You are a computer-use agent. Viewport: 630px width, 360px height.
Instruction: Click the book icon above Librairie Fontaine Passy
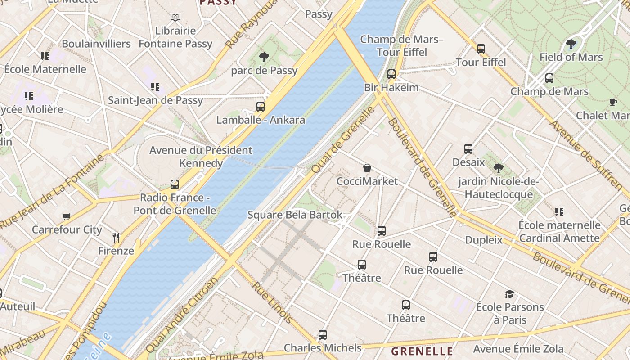(175, 18)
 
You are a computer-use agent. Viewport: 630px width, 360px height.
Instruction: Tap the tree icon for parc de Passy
(264, 57)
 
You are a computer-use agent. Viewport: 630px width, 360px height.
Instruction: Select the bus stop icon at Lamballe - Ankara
(261, 107)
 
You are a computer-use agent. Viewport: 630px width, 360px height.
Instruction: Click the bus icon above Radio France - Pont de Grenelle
(175, 184)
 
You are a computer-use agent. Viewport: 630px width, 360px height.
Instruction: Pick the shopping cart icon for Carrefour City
(67, 216)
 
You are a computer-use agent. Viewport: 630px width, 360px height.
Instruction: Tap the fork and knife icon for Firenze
(116, 237)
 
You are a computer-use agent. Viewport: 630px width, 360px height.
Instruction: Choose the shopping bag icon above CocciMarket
(367, 168)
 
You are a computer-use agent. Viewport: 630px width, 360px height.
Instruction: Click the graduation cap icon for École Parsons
(509, 294)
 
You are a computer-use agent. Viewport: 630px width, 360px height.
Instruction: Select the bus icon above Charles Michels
(323, 335)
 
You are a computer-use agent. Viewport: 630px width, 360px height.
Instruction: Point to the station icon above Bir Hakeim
(391, 74)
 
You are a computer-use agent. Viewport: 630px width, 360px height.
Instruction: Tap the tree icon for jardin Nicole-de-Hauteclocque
(498, 168)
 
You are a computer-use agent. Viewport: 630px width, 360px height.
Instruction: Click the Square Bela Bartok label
(295, 215)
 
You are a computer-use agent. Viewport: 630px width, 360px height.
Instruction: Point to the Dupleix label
(484, 240)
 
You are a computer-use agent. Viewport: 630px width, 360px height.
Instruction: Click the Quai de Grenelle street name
(343, 139)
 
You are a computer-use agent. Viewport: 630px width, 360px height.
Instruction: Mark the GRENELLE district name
(422, 351)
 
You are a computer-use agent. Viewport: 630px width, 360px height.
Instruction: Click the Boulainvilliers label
(96, 44)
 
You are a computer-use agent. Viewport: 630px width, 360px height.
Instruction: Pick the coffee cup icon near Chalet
(613, 103)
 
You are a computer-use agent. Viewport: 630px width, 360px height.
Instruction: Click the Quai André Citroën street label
(182, 315)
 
